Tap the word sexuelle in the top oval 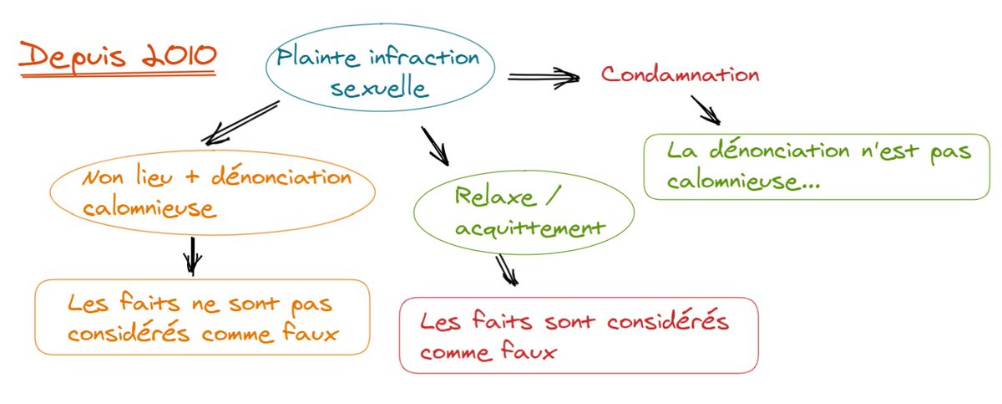(380, 88)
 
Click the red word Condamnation (681, 74)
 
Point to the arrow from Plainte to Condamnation (543, 77)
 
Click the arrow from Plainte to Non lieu (240, 122)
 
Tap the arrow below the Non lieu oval (193, 256)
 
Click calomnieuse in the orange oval (149, 209)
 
